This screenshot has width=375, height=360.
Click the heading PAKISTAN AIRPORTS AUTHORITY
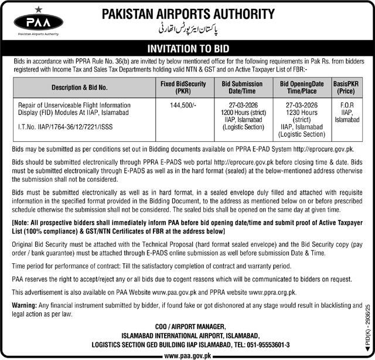coord(187,13)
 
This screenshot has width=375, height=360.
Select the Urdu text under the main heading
coord(187,28)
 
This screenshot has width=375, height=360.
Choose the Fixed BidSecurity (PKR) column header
coord(183,88)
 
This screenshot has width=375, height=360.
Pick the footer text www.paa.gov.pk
coord(187,355)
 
